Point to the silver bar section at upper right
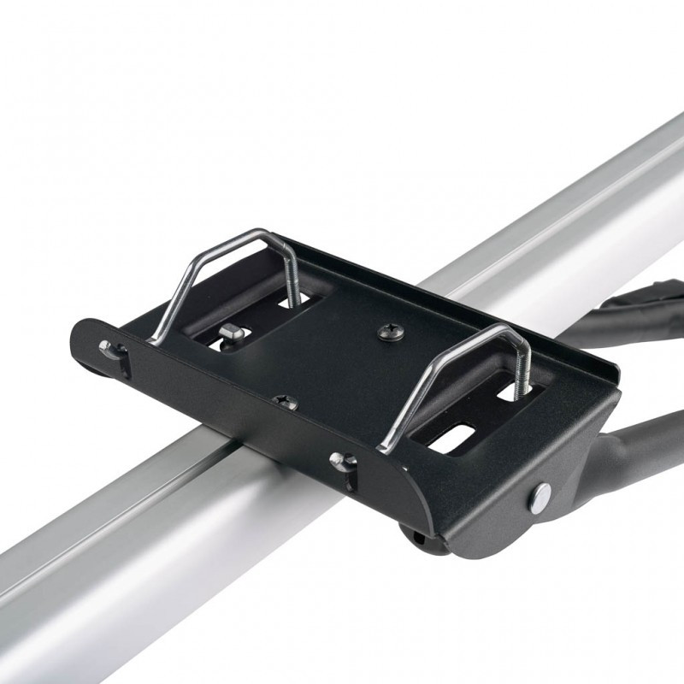coord(598,197)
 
